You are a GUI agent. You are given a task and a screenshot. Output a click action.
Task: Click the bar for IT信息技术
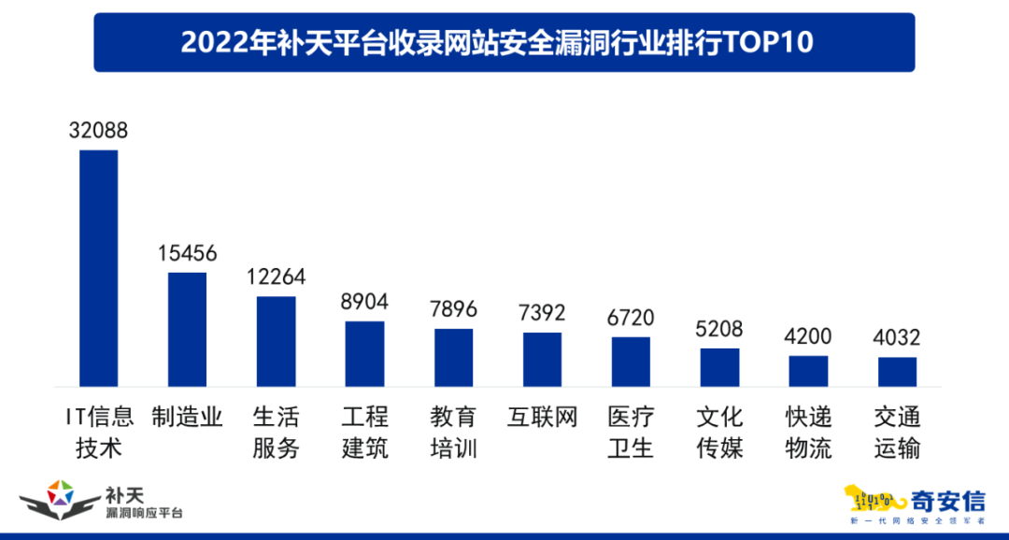click(98, 268)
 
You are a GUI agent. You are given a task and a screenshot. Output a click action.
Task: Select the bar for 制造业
click(187, 330)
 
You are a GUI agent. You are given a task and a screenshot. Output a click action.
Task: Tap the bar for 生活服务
click(276, 342)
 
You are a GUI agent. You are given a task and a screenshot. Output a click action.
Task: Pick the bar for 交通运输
click(897, 372)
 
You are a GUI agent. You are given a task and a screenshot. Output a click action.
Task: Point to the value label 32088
click(98, 131)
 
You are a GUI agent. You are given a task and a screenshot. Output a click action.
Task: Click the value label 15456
click(187, 253)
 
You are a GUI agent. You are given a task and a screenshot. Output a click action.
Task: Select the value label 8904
click(364, 302)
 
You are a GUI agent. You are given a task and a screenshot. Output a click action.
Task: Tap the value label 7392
click(542, 313)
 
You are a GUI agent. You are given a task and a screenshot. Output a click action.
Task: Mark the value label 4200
click(808, 336)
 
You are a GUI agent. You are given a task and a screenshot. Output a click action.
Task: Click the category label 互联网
click(542, 417)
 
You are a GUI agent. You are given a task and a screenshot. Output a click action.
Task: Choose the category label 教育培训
click(453, 433)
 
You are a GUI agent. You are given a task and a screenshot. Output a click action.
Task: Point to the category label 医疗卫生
click(631, 433)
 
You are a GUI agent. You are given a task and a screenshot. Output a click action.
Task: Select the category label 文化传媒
click(719, 433)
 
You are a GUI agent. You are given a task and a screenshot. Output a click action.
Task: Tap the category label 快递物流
click(808, 433)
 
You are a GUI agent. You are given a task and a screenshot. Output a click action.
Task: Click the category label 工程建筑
click(364, 433)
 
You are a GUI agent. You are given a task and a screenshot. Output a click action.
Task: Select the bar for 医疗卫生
click(631, 362)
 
